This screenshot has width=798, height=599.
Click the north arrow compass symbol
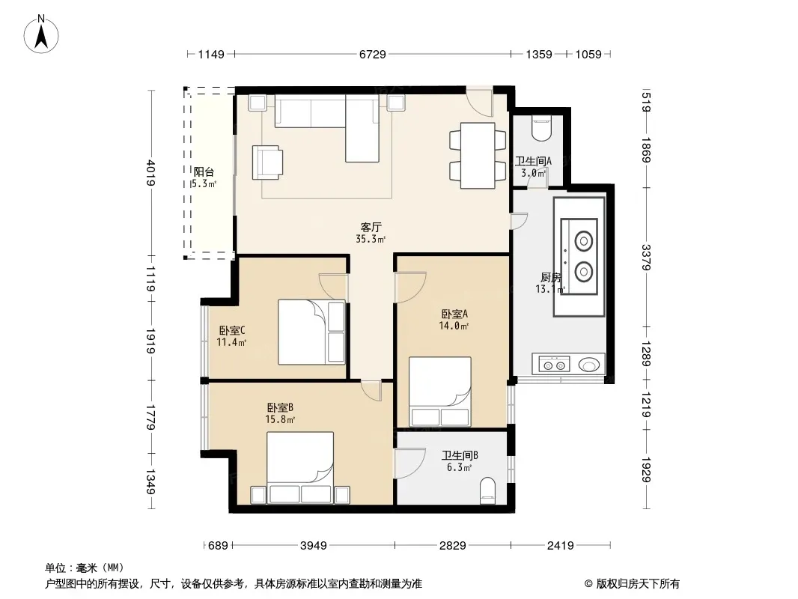(x=41, y=34)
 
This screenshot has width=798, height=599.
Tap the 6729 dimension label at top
(x=373, y=54)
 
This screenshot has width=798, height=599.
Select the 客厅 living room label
(x=371, y=227)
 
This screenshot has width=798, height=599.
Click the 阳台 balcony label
(x=204, y=172)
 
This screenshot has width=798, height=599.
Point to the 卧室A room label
(x=454, y=314)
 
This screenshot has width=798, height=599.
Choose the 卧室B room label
(x=280, y=407)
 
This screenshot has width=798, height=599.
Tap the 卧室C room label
(x=232, y=330)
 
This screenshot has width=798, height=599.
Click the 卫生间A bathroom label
(x=533, y=161)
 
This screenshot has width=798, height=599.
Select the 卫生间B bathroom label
(x=460, y=455)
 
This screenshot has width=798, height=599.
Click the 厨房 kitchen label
(x=551, y=277)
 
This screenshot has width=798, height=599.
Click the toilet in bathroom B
(x=487, y=490)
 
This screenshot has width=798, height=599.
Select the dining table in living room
(x=478, y=155)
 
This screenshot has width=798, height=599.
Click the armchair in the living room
(x=267, y=162)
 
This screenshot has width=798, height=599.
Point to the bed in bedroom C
(x=311, y=332)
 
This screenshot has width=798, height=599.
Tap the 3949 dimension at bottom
(x=313, y=546)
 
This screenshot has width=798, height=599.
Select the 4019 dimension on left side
(x=151, y=173)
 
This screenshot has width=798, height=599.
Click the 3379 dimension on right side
(x=646, y=258)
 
